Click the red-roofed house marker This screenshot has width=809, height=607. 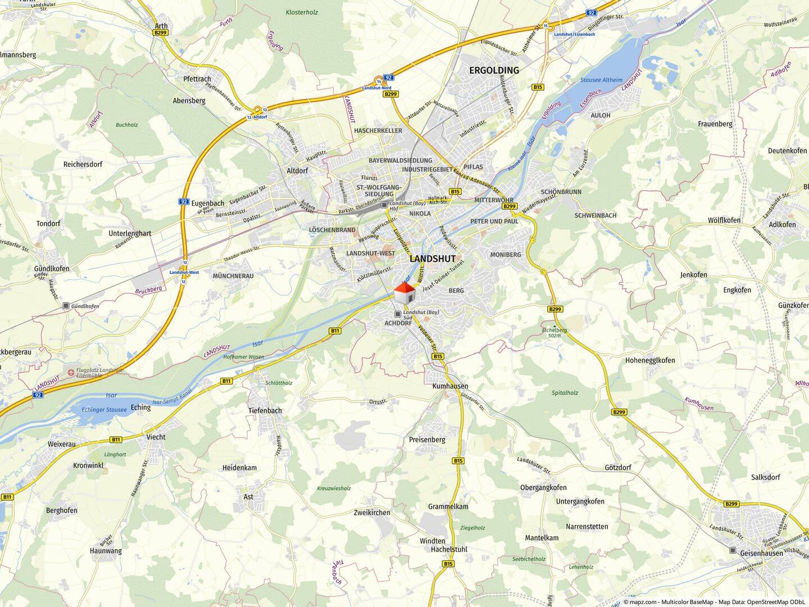click(x=404, y=292)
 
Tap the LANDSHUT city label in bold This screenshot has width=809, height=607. click(x=433, y=259)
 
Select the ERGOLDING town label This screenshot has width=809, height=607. click(x=494, y=70)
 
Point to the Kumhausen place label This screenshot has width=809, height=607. click(x=450, y=386)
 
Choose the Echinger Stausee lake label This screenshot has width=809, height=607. click(x=104, y=410)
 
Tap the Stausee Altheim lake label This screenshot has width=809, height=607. click(x=601, y=80)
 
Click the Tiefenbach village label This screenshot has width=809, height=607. click(x=265, y=410)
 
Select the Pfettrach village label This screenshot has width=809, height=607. click(x=197, y=79)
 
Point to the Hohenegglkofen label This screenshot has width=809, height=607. click(x=650, y=360)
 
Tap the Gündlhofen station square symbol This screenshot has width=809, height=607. click(x=66, y=306)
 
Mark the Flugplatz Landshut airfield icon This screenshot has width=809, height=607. click(x=71, y=372)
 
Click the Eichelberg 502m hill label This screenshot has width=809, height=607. click(x=555, y=333)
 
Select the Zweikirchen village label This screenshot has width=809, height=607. click(x=372, y=513)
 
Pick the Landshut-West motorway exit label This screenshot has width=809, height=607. click(x=184, y=273)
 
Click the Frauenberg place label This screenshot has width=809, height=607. click(x=715, y=124)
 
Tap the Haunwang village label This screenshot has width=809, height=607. click(x=106, y=551)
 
